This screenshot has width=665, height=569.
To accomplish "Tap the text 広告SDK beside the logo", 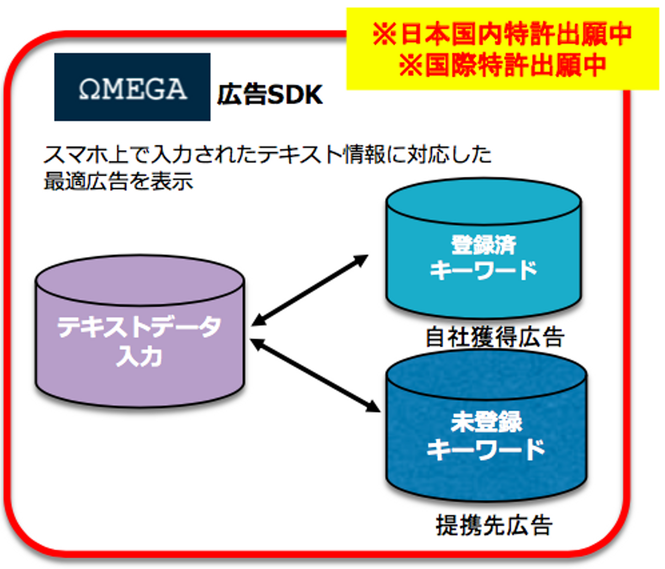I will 270,95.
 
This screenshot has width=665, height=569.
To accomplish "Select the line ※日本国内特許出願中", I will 502,34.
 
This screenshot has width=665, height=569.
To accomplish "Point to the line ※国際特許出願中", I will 502,65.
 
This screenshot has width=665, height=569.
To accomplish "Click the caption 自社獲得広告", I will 495,337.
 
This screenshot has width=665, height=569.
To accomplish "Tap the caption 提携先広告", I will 494,525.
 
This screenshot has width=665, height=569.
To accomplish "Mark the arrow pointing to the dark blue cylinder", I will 315,375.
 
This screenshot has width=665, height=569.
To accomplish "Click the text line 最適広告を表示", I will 118,182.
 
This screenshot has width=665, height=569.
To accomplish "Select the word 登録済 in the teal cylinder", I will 483,245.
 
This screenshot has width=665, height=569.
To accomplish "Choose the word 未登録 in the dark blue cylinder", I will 486,422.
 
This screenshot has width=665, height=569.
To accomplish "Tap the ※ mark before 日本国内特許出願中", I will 384,34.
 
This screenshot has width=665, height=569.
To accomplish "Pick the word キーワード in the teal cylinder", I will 483,270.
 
